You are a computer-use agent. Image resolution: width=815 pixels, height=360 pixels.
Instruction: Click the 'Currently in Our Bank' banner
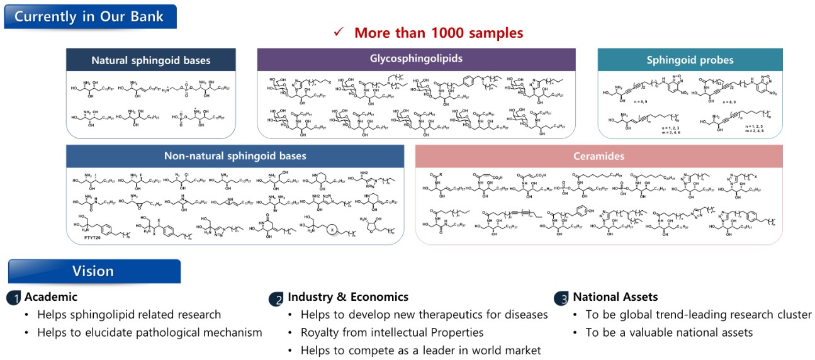point(90,16)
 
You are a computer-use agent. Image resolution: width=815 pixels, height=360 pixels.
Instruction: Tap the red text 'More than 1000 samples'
point(438,33)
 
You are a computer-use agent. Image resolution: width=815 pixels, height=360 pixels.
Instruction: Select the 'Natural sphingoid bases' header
point(151,60)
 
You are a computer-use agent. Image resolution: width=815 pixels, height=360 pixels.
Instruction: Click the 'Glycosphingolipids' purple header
point(416,59)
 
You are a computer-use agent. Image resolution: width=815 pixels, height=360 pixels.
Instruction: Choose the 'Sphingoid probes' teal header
point(690,60)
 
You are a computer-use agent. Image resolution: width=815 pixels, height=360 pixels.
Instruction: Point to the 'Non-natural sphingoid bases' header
point(235,156)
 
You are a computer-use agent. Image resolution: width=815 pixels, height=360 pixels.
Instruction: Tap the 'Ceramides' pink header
point(599,156)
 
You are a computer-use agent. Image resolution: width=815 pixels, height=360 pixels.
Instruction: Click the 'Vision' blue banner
point(93,271)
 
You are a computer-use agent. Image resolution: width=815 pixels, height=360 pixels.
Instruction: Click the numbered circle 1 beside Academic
point(14,298)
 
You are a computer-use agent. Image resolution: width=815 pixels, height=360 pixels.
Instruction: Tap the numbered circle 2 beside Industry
point(276,299)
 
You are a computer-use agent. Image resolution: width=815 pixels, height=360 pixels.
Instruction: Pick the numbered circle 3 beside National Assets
point(561,298)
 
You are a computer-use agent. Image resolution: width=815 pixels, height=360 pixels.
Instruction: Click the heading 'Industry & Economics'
point(348,297)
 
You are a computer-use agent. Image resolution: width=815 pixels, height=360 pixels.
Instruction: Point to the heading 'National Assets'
point(615,297)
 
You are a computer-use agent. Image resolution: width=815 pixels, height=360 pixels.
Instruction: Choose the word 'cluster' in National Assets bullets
point(792,315)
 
